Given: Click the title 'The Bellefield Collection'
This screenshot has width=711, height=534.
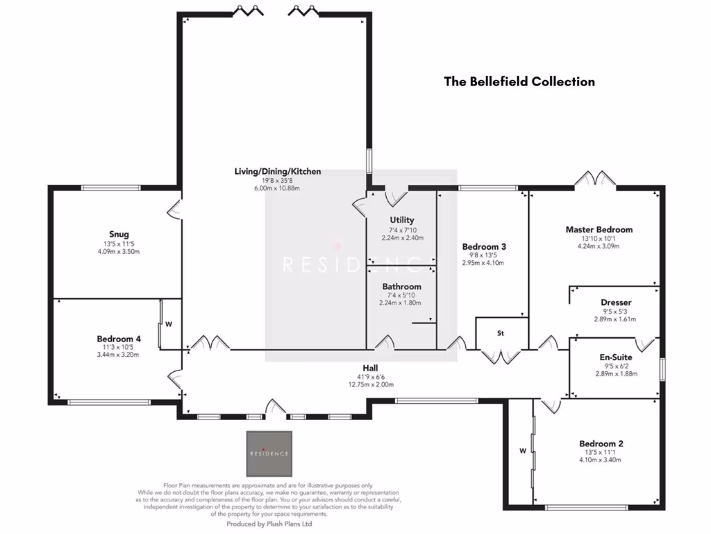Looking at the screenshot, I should point(519,81).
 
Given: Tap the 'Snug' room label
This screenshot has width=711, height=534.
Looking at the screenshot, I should point(119,234).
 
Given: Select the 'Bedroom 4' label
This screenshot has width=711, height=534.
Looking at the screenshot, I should point(119,339).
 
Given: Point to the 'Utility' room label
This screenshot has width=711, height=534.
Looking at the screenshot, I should point(402,220).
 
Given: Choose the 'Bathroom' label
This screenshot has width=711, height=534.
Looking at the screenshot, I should point(401,286).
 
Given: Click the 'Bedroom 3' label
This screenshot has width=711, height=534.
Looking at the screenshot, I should point(483,247).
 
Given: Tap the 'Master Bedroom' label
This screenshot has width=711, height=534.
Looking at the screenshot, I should point(599,229).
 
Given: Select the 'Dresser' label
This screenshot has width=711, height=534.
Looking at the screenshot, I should point(615,302).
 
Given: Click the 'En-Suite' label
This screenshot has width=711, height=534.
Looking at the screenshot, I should point(615,357).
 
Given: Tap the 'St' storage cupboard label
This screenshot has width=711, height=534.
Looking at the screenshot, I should point(500,333).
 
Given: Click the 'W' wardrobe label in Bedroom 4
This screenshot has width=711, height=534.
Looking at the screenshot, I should point(169,323).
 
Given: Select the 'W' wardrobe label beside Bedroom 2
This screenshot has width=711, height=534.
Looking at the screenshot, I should point(522,449).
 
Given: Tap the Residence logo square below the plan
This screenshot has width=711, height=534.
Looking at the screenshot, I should point(269,453).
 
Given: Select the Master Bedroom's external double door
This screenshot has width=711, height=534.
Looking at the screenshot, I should point(595,179).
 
